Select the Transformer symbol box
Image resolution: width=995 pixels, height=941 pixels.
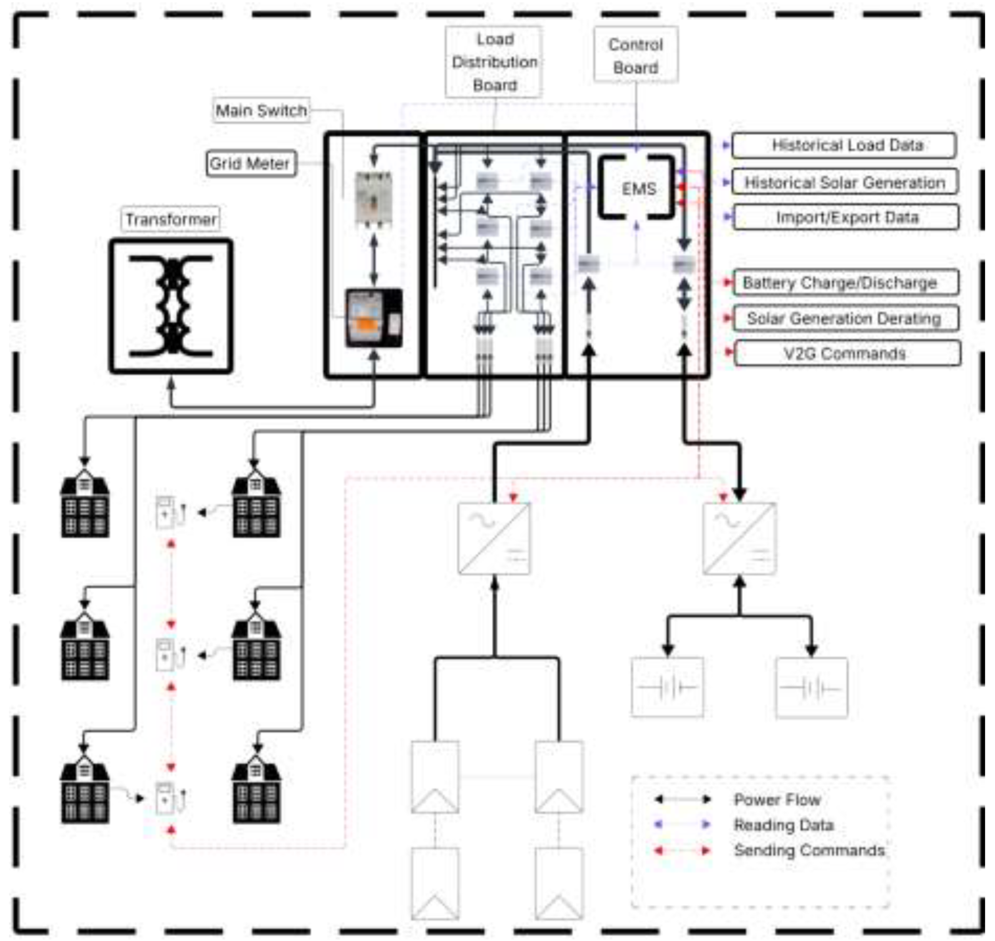[171, 306]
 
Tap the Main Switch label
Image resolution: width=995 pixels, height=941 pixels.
[261, 110]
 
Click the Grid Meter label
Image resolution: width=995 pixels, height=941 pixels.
[250, 163]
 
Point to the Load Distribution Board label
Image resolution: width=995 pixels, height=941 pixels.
[494, 62]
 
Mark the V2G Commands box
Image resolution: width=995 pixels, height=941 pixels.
[847, 353]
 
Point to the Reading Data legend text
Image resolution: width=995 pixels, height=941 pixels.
[783, 825]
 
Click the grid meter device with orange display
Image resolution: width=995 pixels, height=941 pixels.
[373, 318]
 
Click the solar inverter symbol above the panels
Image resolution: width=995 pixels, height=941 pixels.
[494, 538]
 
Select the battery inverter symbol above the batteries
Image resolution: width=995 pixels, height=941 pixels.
[739, 538]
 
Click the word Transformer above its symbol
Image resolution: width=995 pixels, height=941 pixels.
[170, 219]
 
